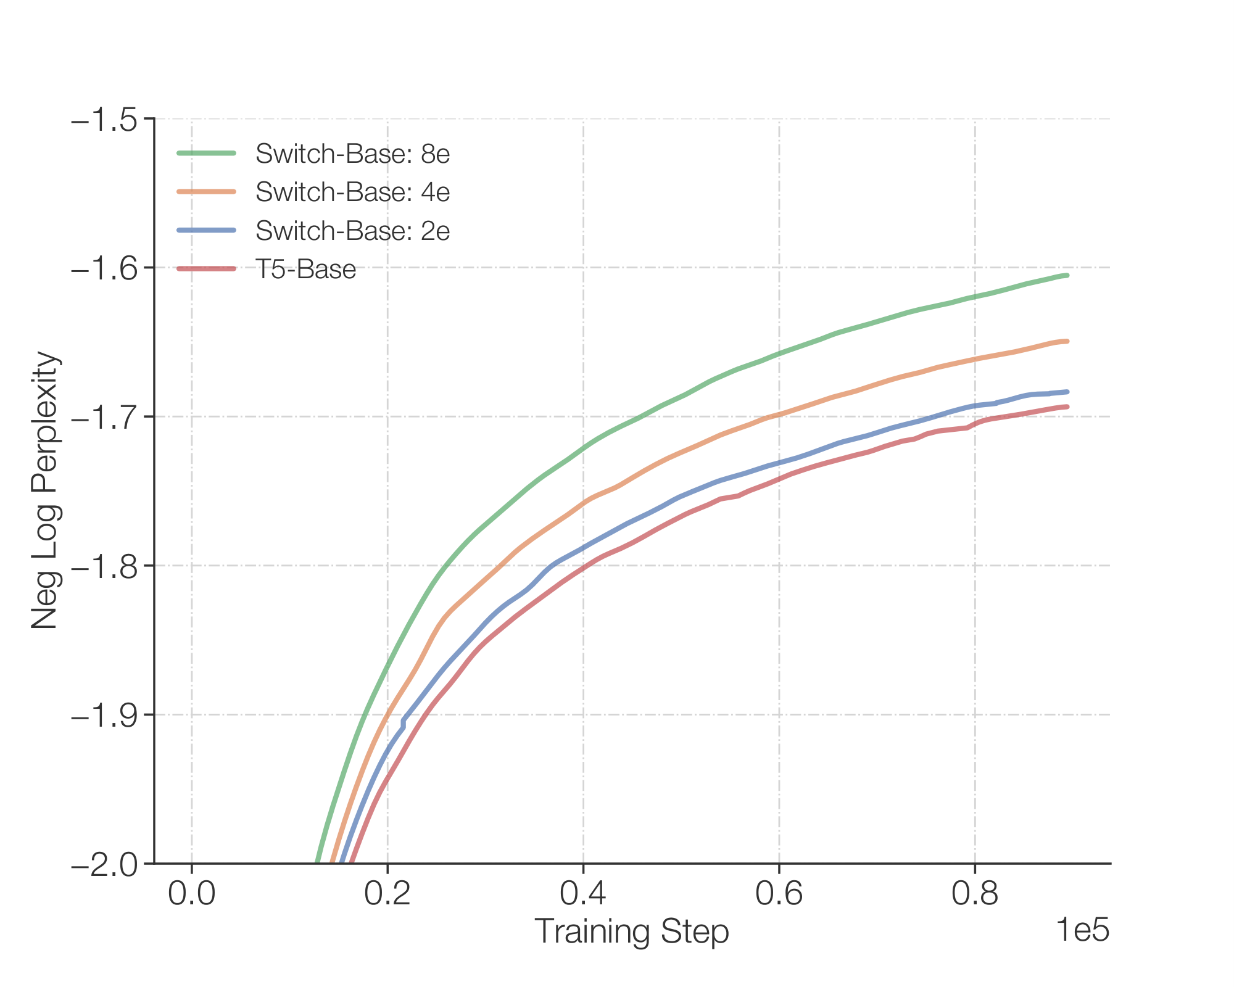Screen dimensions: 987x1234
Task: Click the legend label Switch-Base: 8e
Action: [x=352, y=154]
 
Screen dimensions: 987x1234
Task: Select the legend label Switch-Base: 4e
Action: [x=352, y=192]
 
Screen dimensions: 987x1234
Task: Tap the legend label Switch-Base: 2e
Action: [x=352, y=230]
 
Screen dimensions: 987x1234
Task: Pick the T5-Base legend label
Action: [x=305, y=269]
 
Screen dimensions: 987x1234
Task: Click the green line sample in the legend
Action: [x=206, y=154]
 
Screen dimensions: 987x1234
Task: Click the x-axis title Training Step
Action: [x=631, y=931]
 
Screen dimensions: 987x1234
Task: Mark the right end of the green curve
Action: [x=1067, y=275]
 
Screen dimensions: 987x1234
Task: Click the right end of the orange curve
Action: [x=1067, y=341]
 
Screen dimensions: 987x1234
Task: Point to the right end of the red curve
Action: [x=1067, y=407]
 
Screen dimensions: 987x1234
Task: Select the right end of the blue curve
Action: [x=1067, y=392]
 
